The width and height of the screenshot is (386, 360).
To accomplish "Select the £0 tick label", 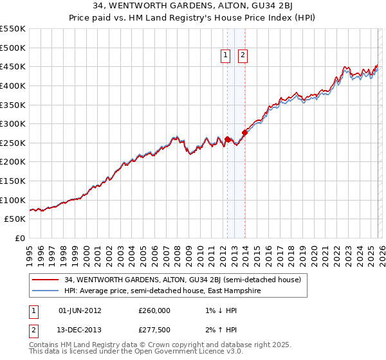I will pyautogui.click(x=21, y=238).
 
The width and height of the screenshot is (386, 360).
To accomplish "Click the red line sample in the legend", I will pyautogui.click(x=45, y=280).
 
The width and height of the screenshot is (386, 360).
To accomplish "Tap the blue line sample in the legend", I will pyautogui.click(x=45, y=291).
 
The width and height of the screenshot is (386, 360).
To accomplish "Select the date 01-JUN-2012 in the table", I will pyautogui.click(x=80, y=310).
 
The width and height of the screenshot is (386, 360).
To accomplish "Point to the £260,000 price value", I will pyautogui.click(x=154, y=310).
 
